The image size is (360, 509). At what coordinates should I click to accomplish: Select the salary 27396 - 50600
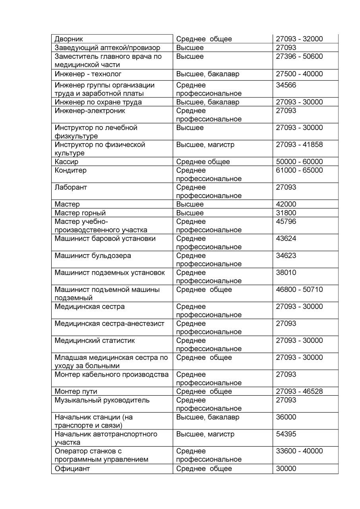click(299, 56)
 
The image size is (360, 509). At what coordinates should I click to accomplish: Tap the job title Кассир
click(66, 162)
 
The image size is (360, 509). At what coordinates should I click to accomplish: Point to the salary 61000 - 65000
click(299, 170)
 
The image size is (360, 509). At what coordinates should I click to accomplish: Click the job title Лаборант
click(71, 187)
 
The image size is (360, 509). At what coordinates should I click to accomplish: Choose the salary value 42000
click(286, 204)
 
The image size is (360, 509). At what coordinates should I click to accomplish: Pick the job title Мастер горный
click(80, 213)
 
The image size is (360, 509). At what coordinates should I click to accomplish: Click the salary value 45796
click(286, 221)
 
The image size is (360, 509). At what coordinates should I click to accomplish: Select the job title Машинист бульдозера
click(93, 256)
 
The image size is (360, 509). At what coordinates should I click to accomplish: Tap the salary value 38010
click(286, 273)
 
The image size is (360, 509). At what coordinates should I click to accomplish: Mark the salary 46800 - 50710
click(299, 289)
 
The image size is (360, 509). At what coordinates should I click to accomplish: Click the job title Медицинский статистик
click(95, 341)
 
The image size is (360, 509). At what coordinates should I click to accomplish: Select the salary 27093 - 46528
click(299, 392)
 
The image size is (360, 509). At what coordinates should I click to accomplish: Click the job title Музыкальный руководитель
click(102, 400)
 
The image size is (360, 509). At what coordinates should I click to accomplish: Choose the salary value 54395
click(286, 434)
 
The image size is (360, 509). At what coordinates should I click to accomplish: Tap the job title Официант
click(72, 469)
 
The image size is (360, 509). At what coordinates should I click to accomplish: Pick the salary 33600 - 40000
click(299, 451)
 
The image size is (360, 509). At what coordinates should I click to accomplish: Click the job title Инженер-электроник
click(90, 111)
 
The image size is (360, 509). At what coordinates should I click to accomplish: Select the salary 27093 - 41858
click(299, 145)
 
